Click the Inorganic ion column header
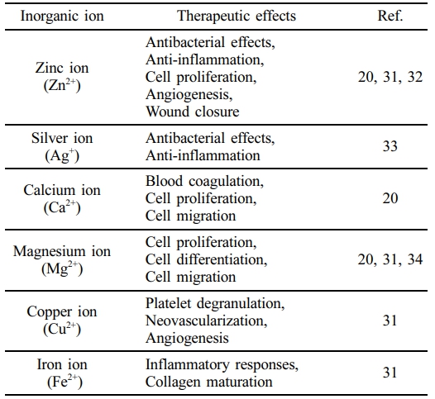[x=62, y=16]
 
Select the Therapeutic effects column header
[x=237, y=16]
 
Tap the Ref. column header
[x=390, y=16]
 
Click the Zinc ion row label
[x=62, y=77]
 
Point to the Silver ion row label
[x=62, y=146]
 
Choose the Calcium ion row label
[x=62, y=199]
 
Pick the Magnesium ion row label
[x=62, y=260]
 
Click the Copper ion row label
[x=62, y=321]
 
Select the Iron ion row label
[x=62, y=373]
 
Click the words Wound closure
[x=192, y=112]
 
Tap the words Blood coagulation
[x=203, y=182]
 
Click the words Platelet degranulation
[x=214, y=303]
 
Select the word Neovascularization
[x=205, y=321]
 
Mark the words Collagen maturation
[x=209, y=382]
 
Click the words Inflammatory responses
[x=221, y=364]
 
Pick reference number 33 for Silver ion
[x=390, y=146]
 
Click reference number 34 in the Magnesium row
[x=415, y=259]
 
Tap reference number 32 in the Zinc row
[x=415, y=77]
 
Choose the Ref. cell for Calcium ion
[x=390, y=198]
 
